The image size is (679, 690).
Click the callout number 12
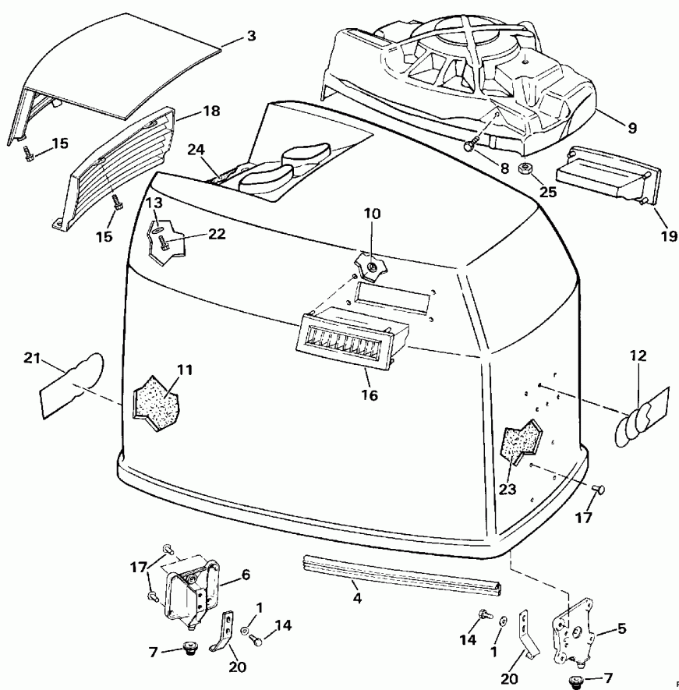pyautogui.click(x=638, y=356)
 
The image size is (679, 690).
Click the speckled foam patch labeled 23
pyautogui.click(x=521, y=441)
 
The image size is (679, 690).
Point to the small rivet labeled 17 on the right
pyautogui.click(x=599, y=489)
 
